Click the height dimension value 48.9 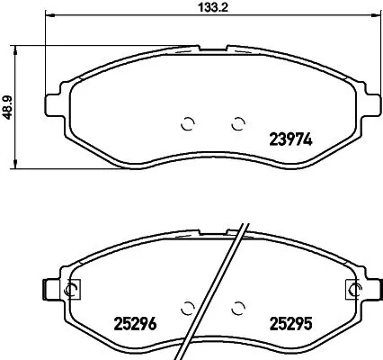coord(8,105)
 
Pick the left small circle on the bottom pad coord(189,307)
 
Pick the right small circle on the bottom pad coord(238,307)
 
